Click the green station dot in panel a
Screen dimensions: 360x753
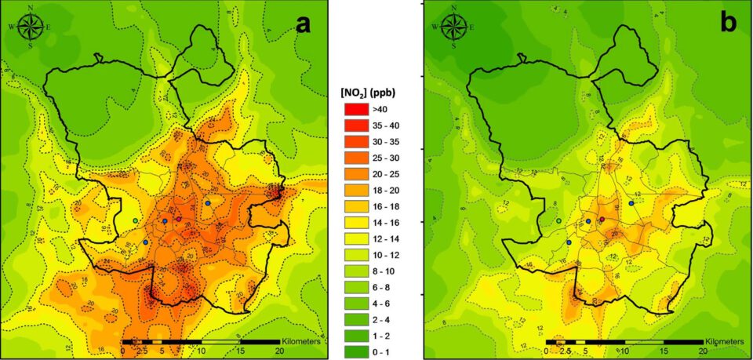[136, 222]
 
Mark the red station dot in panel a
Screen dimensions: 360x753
[179, 220]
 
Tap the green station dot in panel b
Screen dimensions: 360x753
[559, 222]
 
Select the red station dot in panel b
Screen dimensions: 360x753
[602, 220]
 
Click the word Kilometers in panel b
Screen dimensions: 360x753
[726, 342]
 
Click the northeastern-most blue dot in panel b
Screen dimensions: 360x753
[631, 203]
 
